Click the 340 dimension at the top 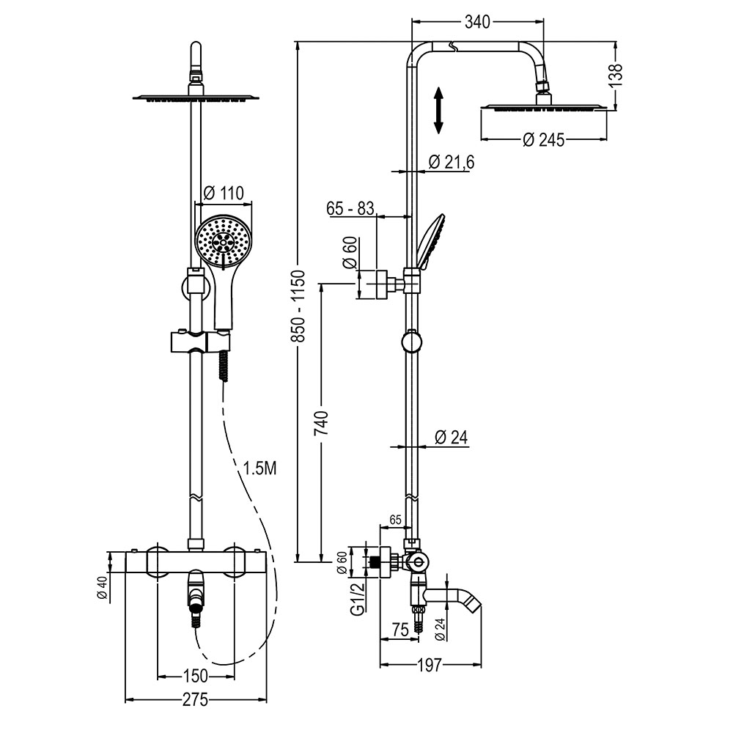(477, 23)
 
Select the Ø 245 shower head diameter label (544, 139)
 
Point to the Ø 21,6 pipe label (451, 163)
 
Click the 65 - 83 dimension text (350, 208)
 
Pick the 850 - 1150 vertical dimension (298, 302)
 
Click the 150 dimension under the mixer (194, 675)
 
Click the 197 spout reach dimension (430, 666)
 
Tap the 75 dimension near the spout (400, 630)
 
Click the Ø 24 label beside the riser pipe (450, 438)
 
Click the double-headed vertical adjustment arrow (438, 110)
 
